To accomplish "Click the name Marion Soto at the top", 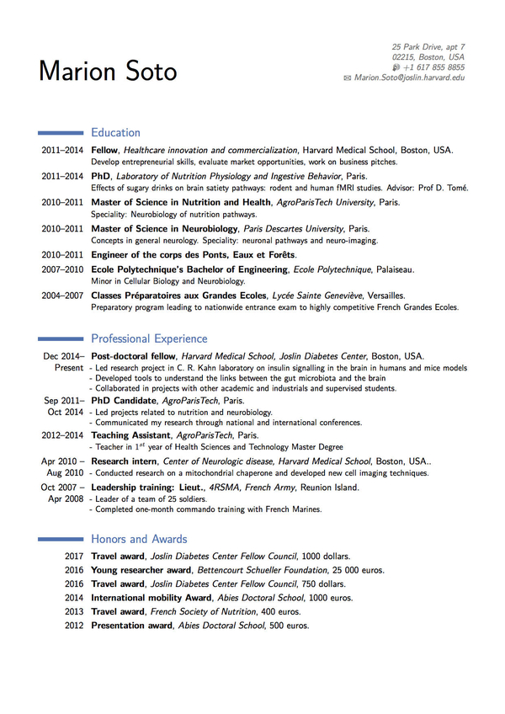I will click(x=108, y=71).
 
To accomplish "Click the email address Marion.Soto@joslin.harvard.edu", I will click(x=409, y=77).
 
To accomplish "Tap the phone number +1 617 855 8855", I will click(x=433, y=67).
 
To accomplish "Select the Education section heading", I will click(x=115, y=132).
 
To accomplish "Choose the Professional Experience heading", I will click(x=149, y=338).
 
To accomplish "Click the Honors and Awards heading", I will click(x=139, y=539).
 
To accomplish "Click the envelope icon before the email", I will click(x=348, y=77).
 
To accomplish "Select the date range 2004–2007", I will click(x=62, y=296).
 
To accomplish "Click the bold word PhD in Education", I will click(x=101, y=176).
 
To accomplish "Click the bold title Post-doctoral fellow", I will click(x=133, y=356).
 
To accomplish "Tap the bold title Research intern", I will click(x=125, y=461).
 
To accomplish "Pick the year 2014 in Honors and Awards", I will click(x=74, y=598).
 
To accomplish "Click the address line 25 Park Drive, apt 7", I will click(x=428, y=46).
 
